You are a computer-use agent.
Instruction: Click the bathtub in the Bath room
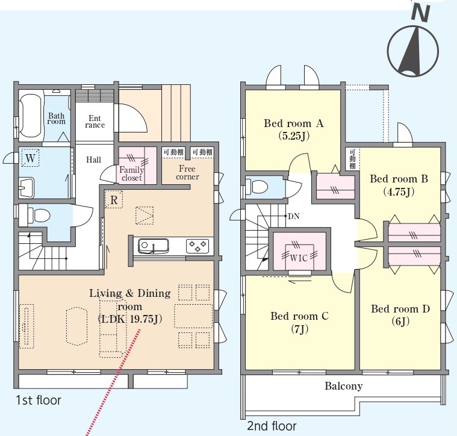click(30, 116)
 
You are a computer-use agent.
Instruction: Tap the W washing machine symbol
click(30, 158)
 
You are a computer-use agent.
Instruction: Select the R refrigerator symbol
click(114, 200)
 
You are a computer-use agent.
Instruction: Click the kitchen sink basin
click(154, 246)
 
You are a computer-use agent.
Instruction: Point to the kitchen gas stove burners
click(197, 246)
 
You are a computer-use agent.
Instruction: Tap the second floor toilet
click(256, 187)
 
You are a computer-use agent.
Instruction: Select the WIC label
click(299, 258)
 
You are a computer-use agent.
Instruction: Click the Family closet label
click(132, 173)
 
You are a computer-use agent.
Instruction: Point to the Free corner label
click(188, 173)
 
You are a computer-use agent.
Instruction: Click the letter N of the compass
click(421, 14)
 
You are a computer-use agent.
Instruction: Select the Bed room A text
click(294, 123)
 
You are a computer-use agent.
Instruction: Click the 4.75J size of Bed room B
click(399, 192)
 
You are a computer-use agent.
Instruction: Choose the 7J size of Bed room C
click(300, 329)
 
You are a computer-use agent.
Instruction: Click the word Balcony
click(344, 386)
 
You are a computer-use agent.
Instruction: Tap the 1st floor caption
click(39, 400)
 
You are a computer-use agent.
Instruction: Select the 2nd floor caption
click(272, 426)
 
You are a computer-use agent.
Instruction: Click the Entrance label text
click(95, 122)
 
